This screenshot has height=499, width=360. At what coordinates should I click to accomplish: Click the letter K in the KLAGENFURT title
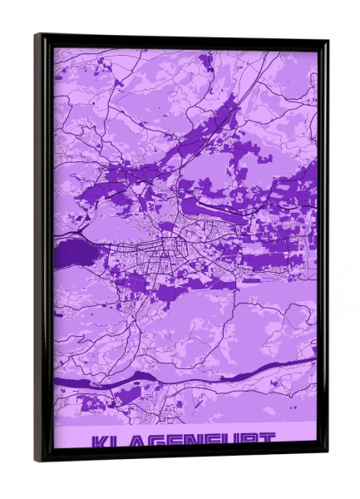[100, 443]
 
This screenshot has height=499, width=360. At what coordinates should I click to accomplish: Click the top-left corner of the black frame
[36, 35]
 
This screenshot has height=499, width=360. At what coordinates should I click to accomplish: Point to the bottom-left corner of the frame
[36, 460]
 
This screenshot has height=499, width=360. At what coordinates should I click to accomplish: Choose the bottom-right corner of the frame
[327, 453]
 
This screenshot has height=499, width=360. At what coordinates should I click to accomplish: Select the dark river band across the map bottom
[249, 373]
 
